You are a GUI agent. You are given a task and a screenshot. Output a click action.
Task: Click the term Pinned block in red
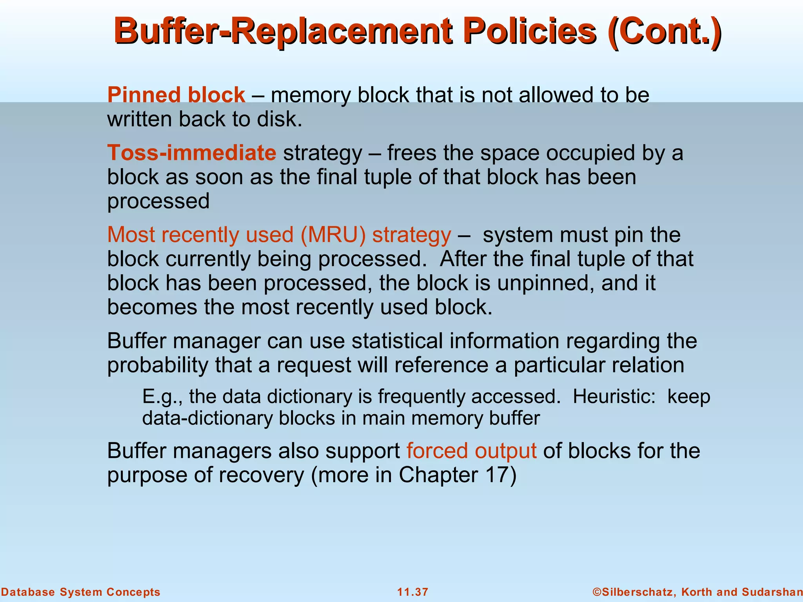pos(176,95)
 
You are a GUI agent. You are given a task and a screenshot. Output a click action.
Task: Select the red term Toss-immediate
pos(192,152)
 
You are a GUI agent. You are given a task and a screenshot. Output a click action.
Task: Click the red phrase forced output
pos(471,450)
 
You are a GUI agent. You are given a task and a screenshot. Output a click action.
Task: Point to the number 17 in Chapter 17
pos(497,475)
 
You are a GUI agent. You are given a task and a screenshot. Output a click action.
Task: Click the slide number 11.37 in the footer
pos(412,592)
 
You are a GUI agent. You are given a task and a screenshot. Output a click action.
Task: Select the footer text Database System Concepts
pos(80,592)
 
